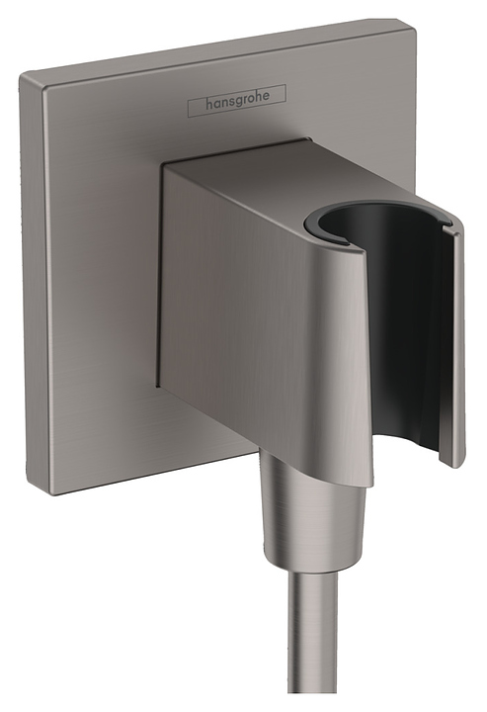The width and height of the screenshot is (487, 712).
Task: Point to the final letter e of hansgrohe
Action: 278,95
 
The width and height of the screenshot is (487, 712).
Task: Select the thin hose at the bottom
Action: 313,653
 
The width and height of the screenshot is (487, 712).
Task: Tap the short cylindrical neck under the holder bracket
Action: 296,470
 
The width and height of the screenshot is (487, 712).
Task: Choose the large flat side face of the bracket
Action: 247,316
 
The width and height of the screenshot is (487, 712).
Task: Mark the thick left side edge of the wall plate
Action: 35,297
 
